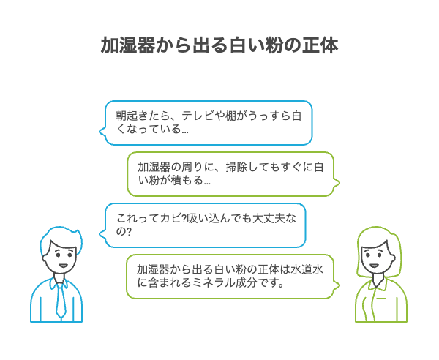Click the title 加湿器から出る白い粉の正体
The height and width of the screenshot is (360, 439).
coord(219,45)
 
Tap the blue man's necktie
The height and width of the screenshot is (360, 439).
coord(61,301)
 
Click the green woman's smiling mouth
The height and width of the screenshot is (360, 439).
coord(374,266)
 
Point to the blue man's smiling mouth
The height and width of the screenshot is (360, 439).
coord(63,266)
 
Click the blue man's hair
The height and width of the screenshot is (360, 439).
coord(61,238)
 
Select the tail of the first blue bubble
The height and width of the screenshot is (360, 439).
coord(102,131)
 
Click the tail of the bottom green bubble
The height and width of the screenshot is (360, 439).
coord(337,285)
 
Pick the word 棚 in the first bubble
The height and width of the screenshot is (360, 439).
coord(230,116)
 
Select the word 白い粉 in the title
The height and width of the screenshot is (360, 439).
coord(256,45)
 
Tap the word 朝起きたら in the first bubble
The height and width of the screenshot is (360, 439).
coord(143,116)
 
